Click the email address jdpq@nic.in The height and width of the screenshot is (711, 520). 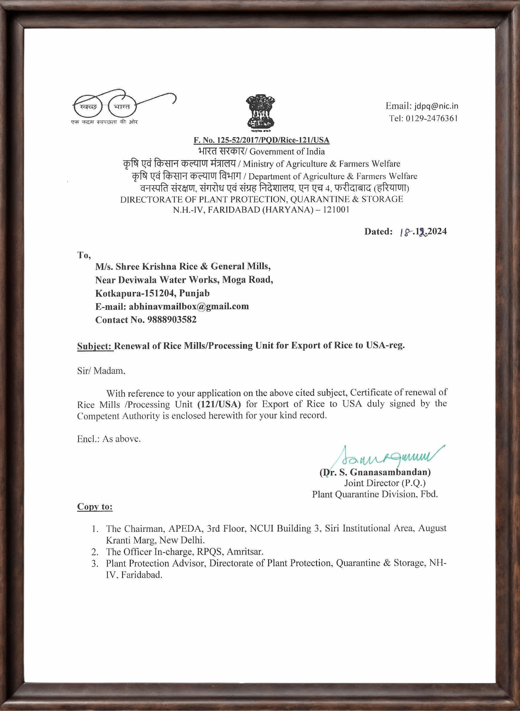pos(436,106)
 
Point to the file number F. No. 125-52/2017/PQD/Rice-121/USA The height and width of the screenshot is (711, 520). pos(261,140)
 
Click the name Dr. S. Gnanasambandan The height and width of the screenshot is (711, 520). pos(375,472)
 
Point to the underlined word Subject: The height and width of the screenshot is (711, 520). pos(95,346)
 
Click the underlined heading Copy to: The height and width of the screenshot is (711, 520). pos(95,507)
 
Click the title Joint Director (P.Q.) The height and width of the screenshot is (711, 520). pos(385,483)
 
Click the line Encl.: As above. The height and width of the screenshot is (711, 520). pos(109,439)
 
